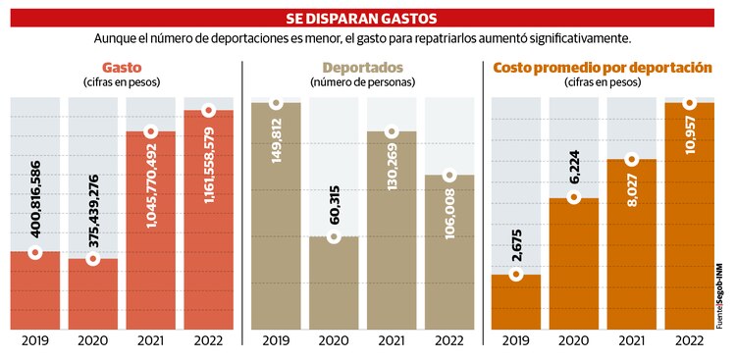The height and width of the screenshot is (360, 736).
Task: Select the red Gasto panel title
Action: (122, 67)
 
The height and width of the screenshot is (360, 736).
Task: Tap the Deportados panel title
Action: (362, 67)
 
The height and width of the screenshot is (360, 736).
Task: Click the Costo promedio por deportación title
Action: (603, 67)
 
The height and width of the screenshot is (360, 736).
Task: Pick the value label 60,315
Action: (335, 206)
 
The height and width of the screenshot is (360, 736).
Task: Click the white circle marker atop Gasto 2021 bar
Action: (150, 131)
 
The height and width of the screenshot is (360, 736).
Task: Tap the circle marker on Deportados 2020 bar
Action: (335, 237)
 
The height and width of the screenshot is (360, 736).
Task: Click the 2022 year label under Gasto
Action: (208, 340)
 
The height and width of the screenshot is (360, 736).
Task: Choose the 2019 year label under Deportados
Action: (277, 340)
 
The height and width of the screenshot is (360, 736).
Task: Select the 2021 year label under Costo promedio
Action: (633, 340)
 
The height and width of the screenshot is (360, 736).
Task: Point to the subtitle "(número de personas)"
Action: (362, 83)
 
